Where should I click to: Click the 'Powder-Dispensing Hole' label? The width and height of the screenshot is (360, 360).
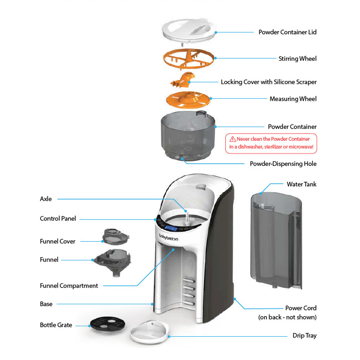pos(283,164)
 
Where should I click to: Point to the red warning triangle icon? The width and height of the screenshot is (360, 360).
pos(233,139)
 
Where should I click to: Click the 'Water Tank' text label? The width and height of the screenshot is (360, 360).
pos(301,184)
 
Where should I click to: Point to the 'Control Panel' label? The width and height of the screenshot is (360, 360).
pos(58,218)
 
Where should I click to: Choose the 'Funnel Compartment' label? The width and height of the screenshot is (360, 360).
pos(69,286)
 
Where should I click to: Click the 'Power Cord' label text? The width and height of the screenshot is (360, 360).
pos(301,308)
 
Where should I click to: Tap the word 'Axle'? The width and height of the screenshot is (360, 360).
pos(46,199)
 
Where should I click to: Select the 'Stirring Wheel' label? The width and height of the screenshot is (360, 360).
pos(297,59)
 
